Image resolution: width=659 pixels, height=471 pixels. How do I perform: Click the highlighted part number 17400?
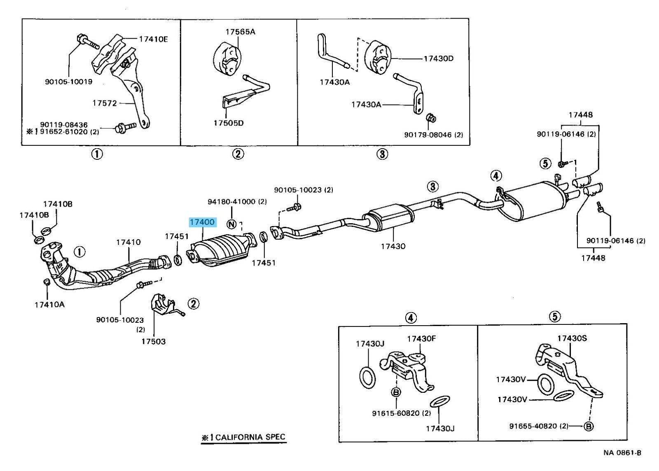coord(202,222)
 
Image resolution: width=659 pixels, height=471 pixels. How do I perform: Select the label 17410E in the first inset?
coord(153,39)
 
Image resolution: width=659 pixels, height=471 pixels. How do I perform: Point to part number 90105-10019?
coord(69,82)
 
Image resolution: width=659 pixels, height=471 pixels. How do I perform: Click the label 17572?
coord(105,103)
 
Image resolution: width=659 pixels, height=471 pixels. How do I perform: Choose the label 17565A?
coord(240,31)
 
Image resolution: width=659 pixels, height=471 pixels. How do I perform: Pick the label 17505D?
coord(229,123)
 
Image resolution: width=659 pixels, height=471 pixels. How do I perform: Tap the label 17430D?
coord(438,58)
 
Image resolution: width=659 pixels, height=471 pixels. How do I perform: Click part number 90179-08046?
coord(433,135)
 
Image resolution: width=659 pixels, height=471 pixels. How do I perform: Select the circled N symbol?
coord(232,224)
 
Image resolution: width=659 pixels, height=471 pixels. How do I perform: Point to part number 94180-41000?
coord(237,202)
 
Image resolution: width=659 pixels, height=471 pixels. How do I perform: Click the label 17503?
coord(153,341)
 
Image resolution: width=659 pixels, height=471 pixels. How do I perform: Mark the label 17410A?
coord(49,305)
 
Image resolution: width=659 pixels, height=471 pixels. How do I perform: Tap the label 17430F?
coord(421,339)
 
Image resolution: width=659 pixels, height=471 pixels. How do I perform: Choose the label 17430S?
coord(572,338)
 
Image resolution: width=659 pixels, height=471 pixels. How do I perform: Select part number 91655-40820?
coord(538,426)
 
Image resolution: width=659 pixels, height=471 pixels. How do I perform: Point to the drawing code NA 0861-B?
coord(622,453)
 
